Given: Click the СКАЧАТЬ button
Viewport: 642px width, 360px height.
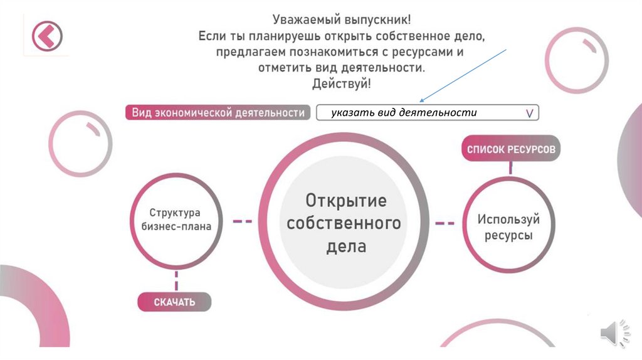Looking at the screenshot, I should (x=174, y=302).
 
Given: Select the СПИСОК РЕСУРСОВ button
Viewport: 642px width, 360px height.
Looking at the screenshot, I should (x=510, y=150).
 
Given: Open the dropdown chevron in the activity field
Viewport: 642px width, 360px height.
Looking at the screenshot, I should (x=529, y=113).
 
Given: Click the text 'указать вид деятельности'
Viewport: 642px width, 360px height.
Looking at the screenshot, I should (x=404, y=112).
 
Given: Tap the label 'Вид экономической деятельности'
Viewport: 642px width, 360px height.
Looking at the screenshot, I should (x=218, y=113).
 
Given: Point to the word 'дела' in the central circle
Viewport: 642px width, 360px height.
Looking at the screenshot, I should (x=345, y=246).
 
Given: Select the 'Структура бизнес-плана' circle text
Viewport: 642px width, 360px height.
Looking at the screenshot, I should (x=176, y=220).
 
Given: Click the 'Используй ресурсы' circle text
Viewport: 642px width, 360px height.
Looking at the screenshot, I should (x=508, y=228).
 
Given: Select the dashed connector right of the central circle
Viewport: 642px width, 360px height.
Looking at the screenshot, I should (x=445, y=222).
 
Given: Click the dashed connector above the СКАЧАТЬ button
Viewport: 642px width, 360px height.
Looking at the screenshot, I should (x=176, y=280).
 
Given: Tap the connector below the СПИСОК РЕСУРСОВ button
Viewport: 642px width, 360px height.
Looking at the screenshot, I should (x=511, y=167).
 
